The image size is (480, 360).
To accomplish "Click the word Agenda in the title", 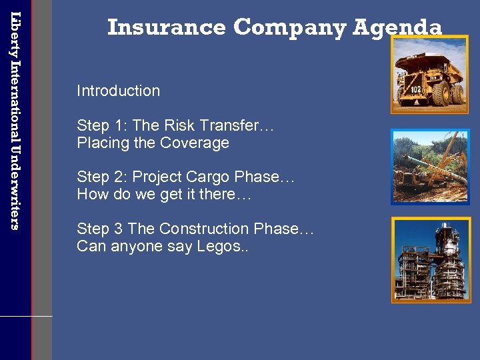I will [x=397, y=27].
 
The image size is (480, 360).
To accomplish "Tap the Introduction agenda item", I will [x=118, y=91].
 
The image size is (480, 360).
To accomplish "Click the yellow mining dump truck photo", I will [x=429, y=75].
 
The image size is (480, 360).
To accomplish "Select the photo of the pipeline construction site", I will [x=429, y=167].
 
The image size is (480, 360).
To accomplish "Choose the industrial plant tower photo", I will [x=429, y=260].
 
